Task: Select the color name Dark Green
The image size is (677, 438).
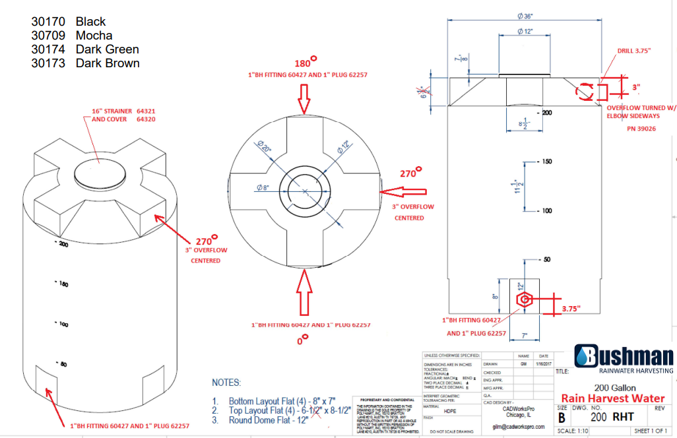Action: coord(107,49)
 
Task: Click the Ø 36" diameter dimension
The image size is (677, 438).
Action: coord(525,16)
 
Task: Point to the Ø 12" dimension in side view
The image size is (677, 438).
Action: coord(525,32)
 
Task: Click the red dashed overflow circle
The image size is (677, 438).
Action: coord(585,92)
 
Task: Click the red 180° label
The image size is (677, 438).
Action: coord(305,63)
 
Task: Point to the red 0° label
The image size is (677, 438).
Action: coord(303,340)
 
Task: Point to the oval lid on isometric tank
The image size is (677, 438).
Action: coord(100,172)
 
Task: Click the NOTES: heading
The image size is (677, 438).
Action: coord(226,383)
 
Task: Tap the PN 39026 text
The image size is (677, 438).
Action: coord(641,129)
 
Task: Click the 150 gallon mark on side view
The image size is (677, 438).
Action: coord(546,162)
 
